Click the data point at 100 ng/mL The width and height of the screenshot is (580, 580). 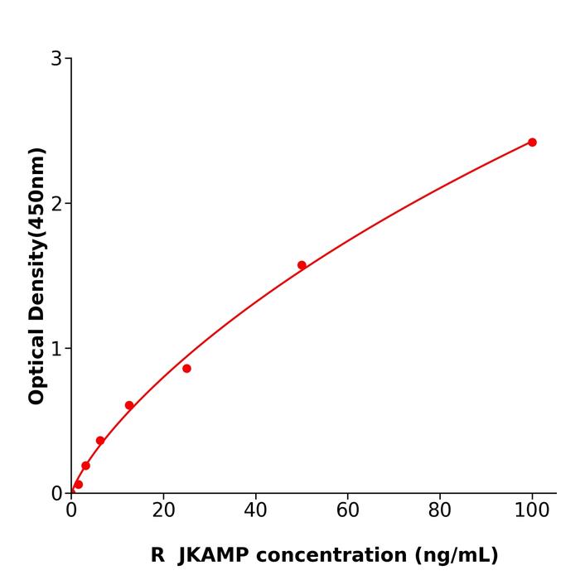click(x=532, y=143)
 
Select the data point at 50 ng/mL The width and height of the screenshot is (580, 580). click(x=302, y=265)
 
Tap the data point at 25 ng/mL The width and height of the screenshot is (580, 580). click(x=186, y=369)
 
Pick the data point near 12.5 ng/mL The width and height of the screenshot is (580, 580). click(x=129, y=405)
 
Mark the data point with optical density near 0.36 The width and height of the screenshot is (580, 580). click(x=100, y=441)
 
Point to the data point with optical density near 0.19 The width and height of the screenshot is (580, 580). click(x=85, y=466)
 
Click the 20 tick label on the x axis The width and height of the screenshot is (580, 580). click(x=163, y=511)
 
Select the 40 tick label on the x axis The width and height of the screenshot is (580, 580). click(x=255, y=511)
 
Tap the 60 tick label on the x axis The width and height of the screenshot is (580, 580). click(x=348, y=511)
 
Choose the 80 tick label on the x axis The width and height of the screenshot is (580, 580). click(x=440, y=511)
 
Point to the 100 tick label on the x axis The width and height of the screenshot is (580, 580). click(x=532, y=511)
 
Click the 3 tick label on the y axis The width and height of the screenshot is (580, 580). click(x=56, y=59)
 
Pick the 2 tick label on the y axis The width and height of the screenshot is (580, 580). click(x=56, y=204)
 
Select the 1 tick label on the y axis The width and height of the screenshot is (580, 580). click(x=56, y=349)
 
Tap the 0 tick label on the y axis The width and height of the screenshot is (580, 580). click(x=56, y=494)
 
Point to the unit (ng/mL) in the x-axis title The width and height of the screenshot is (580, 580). click(x=453, y=555)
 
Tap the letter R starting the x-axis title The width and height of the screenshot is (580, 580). click(x=157, y=555)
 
